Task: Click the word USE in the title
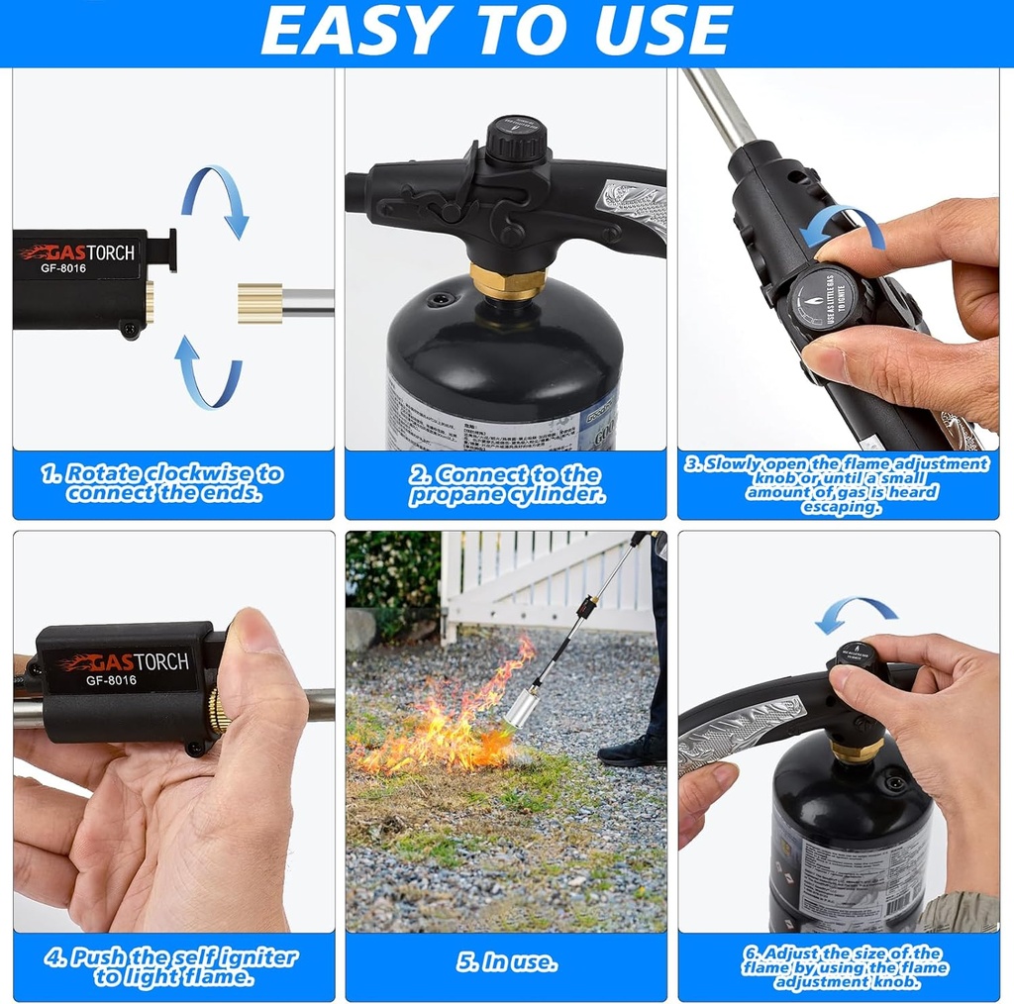coord(664,32)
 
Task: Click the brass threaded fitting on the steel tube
coord(259,302)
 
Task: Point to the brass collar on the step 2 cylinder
coord(507,281)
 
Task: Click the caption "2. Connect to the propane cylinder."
coord(506,484)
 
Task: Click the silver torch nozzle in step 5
coord(523,710)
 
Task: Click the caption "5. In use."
coord(506,961)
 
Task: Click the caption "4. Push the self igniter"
coord(170,957)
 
